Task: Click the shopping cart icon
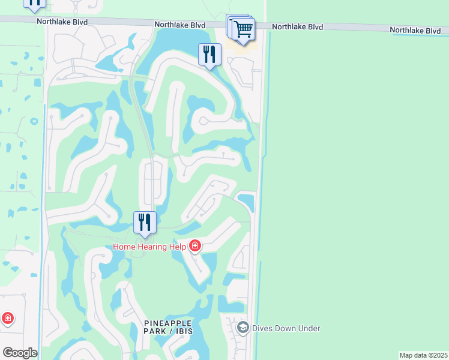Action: coord(243,28)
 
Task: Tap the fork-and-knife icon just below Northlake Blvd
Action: coord(209,55)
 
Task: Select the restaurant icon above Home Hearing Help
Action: coord(145,222)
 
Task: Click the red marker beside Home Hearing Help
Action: coord(194,246)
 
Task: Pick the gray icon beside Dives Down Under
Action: coord(243,328)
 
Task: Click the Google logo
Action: coord(20,353)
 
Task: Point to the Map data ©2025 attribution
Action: coord(423,355)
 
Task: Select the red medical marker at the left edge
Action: coord(7,318)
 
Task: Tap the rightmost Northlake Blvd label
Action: coord(415,29)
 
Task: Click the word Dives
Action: coord(262,328)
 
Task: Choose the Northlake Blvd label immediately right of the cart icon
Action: coord(297,27)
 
